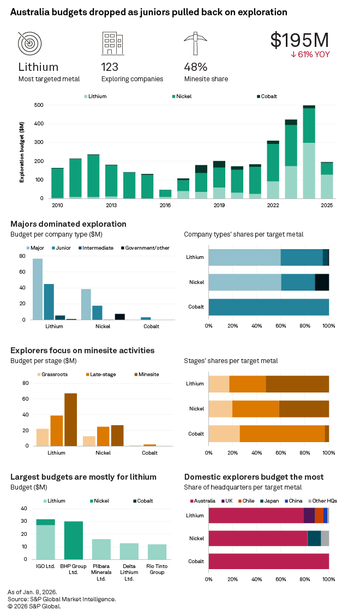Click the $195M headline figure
click(x=299, y=40)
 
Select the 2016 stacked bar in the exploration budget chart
click(x=165, y=194)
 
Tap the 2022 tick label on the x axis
click(x=273, y=205)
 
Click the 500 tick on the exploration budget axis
click(x=39, y=105)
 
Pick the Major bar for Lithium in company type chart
click(x=38, y=289)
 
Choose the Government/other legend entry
click(x=145, y=248)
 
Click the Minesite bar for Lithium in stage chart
click(x=70, y=419)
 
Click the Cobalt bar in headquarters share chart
click(x=268, y=561)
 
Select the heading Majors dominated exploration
click(x=68, y=224)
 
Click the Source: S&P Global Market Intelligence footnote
click(x=62, y=599)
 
